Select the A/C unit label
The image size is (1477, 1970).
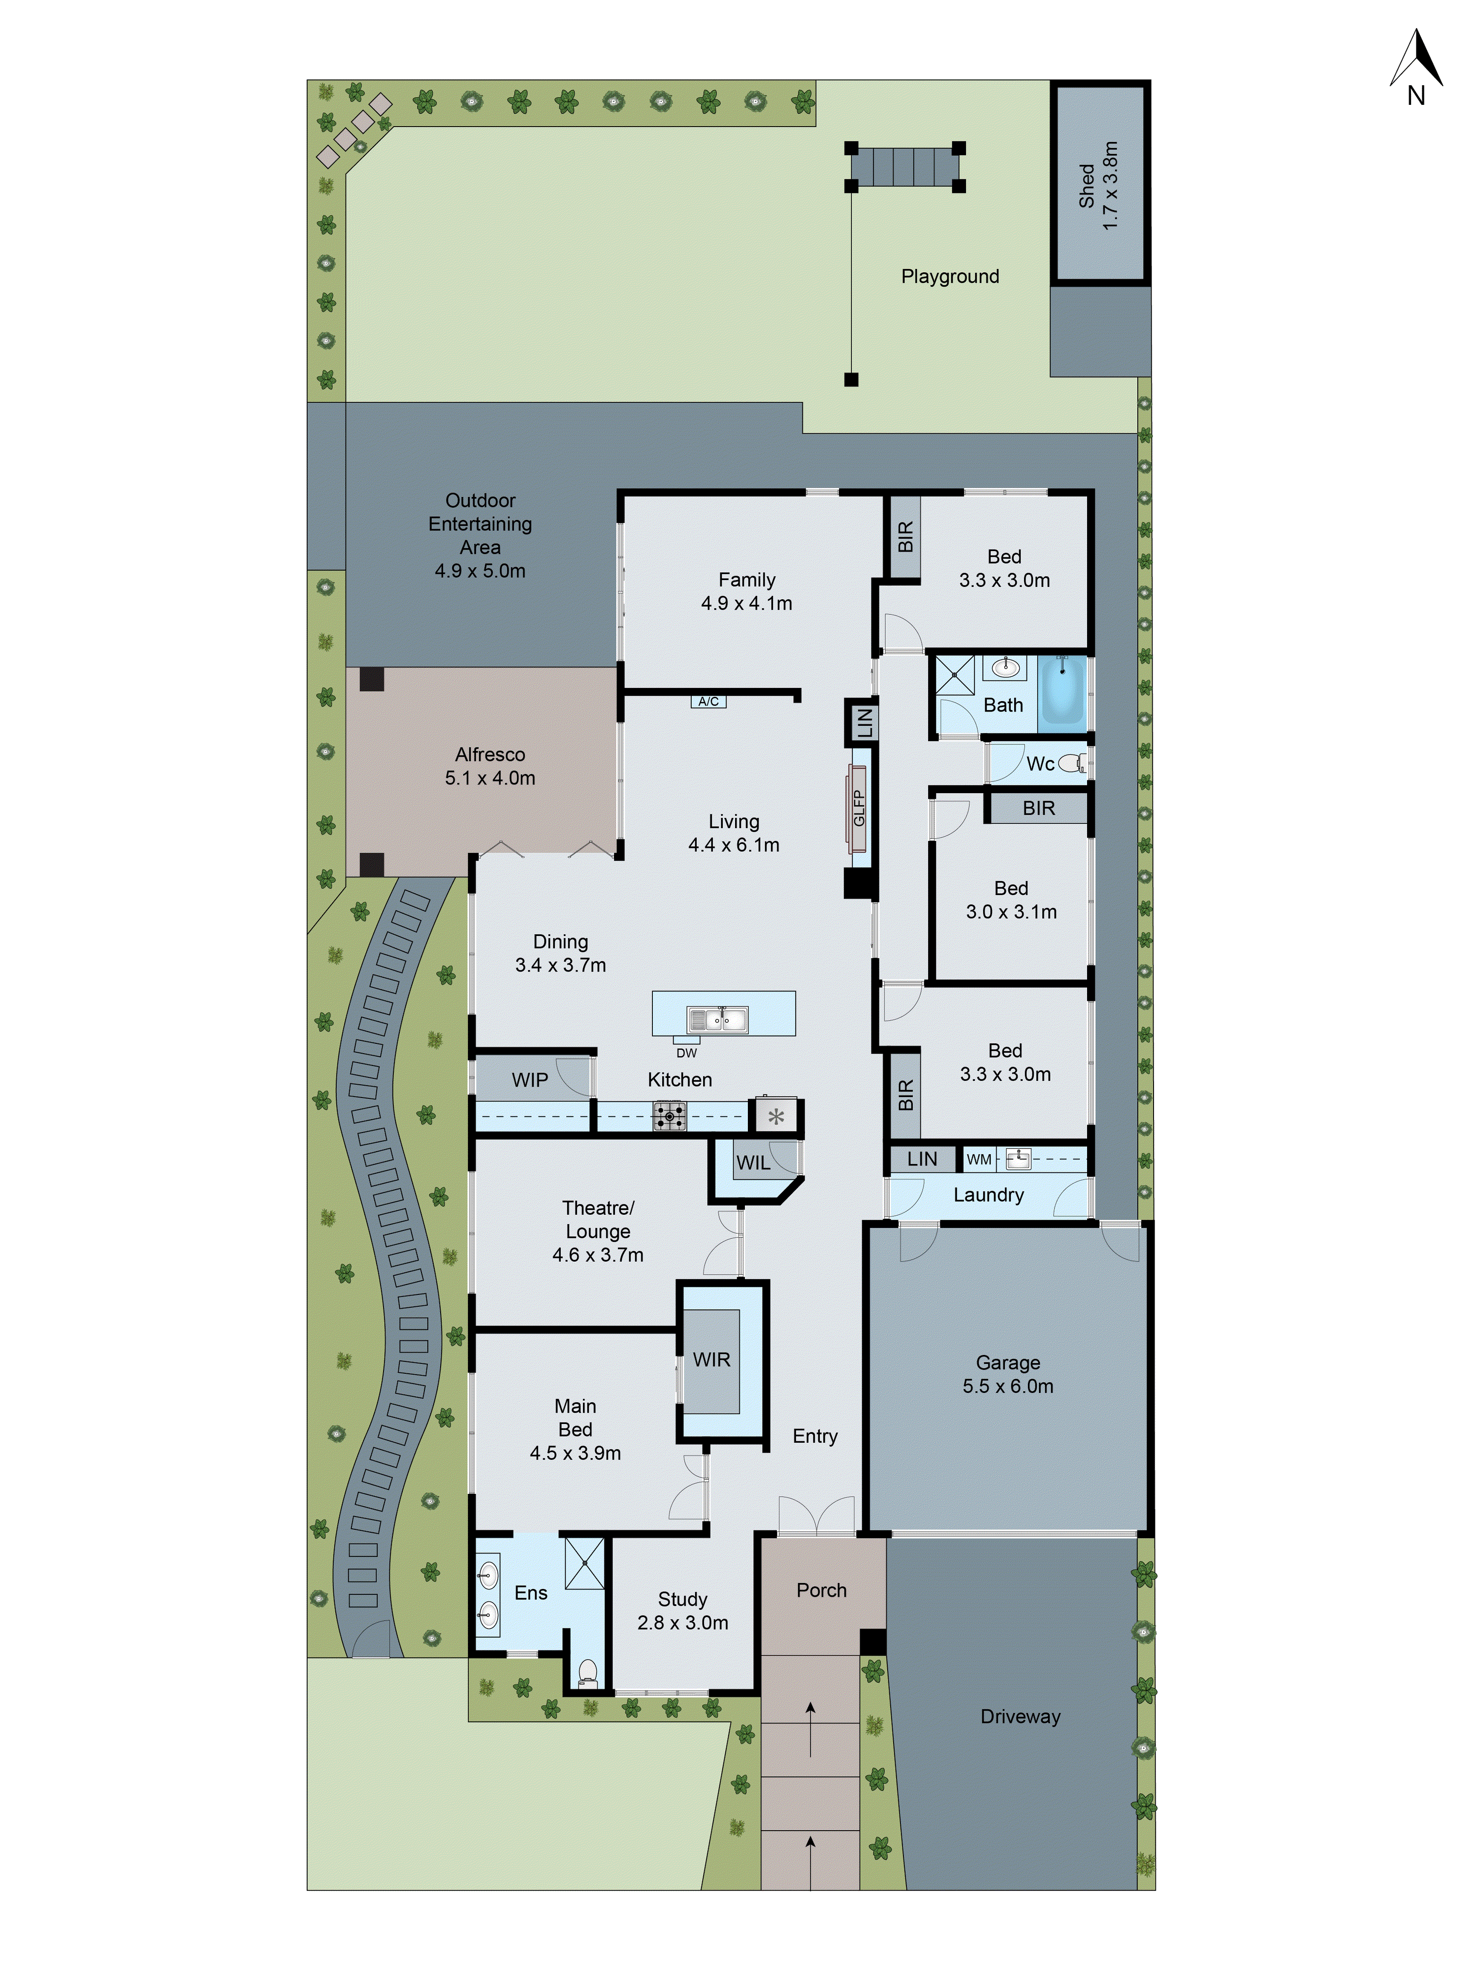[708, 702]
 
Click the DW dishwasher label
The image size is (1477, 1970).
[686, 1053]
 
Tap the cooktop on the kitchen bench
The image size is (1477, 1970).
[670, 1116]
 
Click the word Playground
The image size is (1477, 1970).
[950, 276]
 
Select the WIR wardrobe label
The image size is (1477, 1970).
[711, 1359]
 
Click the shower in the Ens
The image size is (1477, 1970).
[585, 1562]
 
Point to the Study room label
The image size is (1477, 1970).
[683, 1599]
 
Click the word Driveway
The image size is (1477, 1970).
[1020, 1716]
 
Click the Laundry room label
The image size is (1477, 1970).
[988, 1195]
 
